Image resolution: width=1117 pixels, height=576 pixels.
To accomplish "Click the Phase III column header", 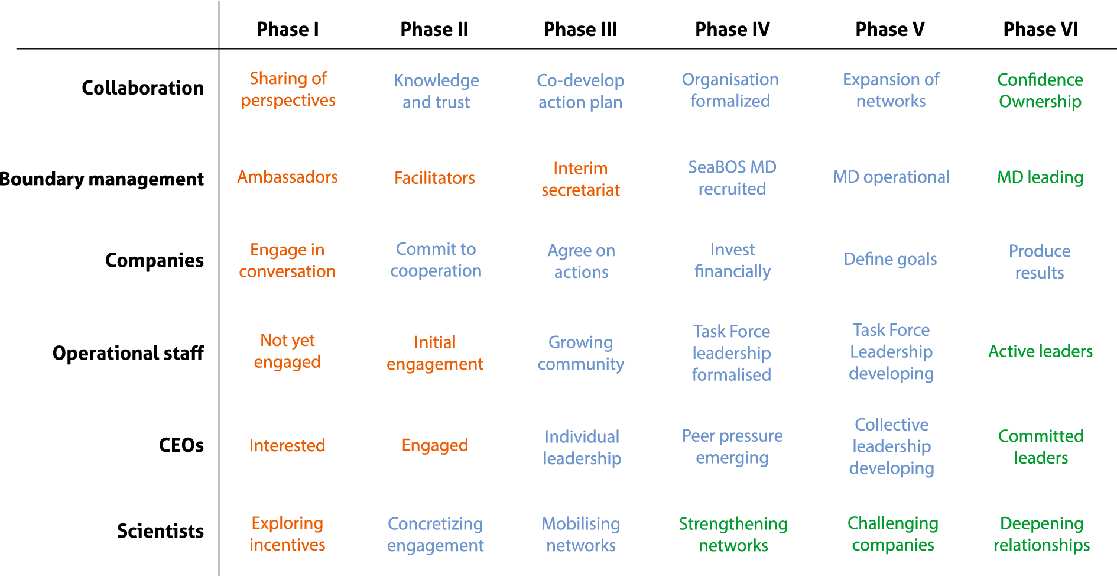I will [x=580, y=30].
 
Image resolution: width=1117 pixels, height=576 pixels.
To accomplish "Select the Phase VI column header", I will [x=1040, y=30].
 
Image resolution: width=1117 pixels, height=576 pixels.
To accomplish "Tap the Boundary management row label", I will [x=102, y=179].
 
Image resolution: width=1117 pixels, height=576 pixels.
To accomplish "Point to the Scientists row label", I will [x=160, y=531].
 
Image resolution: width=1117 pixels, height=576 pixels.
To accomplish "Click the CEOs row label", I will [x=181, y=445].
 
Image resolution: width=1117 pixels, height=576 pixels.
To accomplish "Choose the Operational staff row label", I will [x=128, y=353].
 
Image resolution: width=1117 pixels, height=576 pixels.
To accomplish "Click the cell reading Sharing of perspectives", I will [x=288, y=89].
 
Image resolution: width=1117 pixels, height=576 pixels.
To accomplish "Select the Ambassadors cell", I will [x=287, y=177].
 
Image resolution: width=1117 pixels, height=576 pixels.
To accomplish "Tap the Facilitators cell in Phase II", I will [x=434, y=178].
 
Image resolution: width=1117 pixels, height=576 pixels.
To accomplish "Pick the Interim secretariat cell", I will [x=580, y=179].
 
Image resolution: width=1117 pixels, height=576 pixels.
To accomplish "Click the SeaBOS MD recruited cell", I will [x=732, y=178].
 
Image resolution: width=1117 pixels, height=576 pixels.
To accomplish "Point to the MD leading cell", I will [x=1040, y=177].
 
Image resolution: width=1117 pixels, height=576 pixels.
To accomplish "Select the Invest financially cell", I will [x=732, y=260].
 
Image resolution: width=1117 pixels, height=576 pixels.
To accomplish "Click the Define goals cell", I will [x=890, y=259].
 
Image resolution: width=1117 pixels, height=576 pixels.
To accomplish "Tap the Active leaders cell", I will [x=1040, y=351].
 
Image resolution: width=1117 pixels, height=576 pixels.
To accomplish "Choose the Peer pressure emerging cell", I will [x=732, y=446].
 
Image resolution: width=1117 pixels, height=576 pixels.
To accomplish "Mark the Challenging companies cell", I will [x=892, y=533].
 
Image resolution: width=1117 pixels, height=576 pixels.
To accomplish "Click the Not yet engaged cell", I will [x=287, y=351].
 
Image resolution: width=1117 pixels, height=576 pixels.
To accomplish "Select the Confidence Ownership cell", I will [x=1040, y=90].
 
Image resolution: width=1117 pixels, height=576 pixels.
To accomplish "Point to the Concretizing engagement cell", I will [x=436, y=534].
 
